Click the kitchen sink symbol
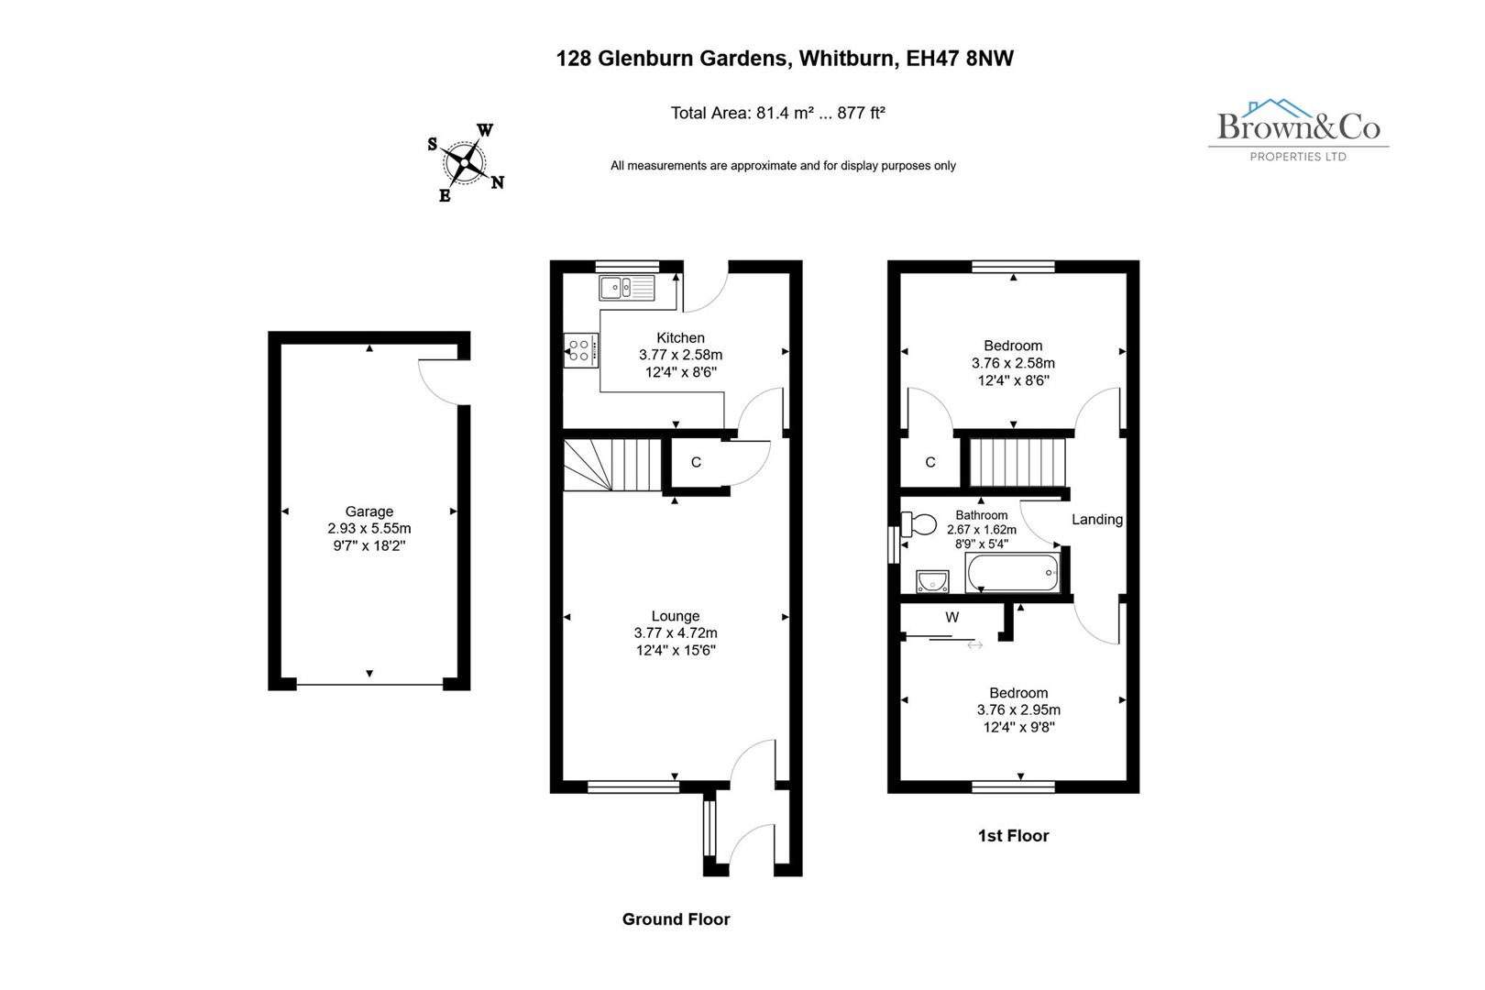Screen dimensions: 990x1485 pyautogui.click(x=627, y=288)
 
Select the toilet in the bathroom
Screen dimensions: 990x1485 pyautogui.click(x=919, y=524)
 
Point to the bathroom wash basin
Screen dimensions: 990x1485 pyautogui.click(x=932, y=580)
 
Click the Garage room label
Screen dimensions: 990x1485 pyautogui.click(x=369, y=511)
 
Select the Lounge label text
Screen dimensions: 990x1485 pyautogui.click(x=676, y=616)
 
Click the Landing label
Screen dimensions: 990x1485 pyautogui.click(x=1097, y=520)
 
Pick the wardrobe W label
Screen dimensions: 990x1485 pyautogui.click(x=952, y=618)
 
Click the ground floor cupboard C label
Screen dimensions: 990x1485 pyautogui.click(x=696, y=463)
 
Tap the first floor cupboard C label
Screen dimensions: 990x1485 pyautogui.click(x=930, y=463)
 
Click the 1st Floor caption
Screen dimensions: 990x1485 pyautogui.click(x=1013, y=835)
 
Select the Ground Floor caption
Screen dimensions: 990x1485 pyautogui.click(x=676, y=919)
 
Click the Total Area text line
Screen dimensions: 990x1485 pyautogui.click(x=777, y=114)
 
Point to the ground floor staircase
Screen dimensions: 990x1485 pyautogui.click(x=611, y=465)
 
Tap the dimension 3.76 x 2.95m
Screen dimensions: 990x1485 pyautogui.click(x=1018, y=710)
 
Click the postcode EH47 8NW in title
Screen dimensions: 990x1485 pyautogui.click(x=960, y=59)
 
